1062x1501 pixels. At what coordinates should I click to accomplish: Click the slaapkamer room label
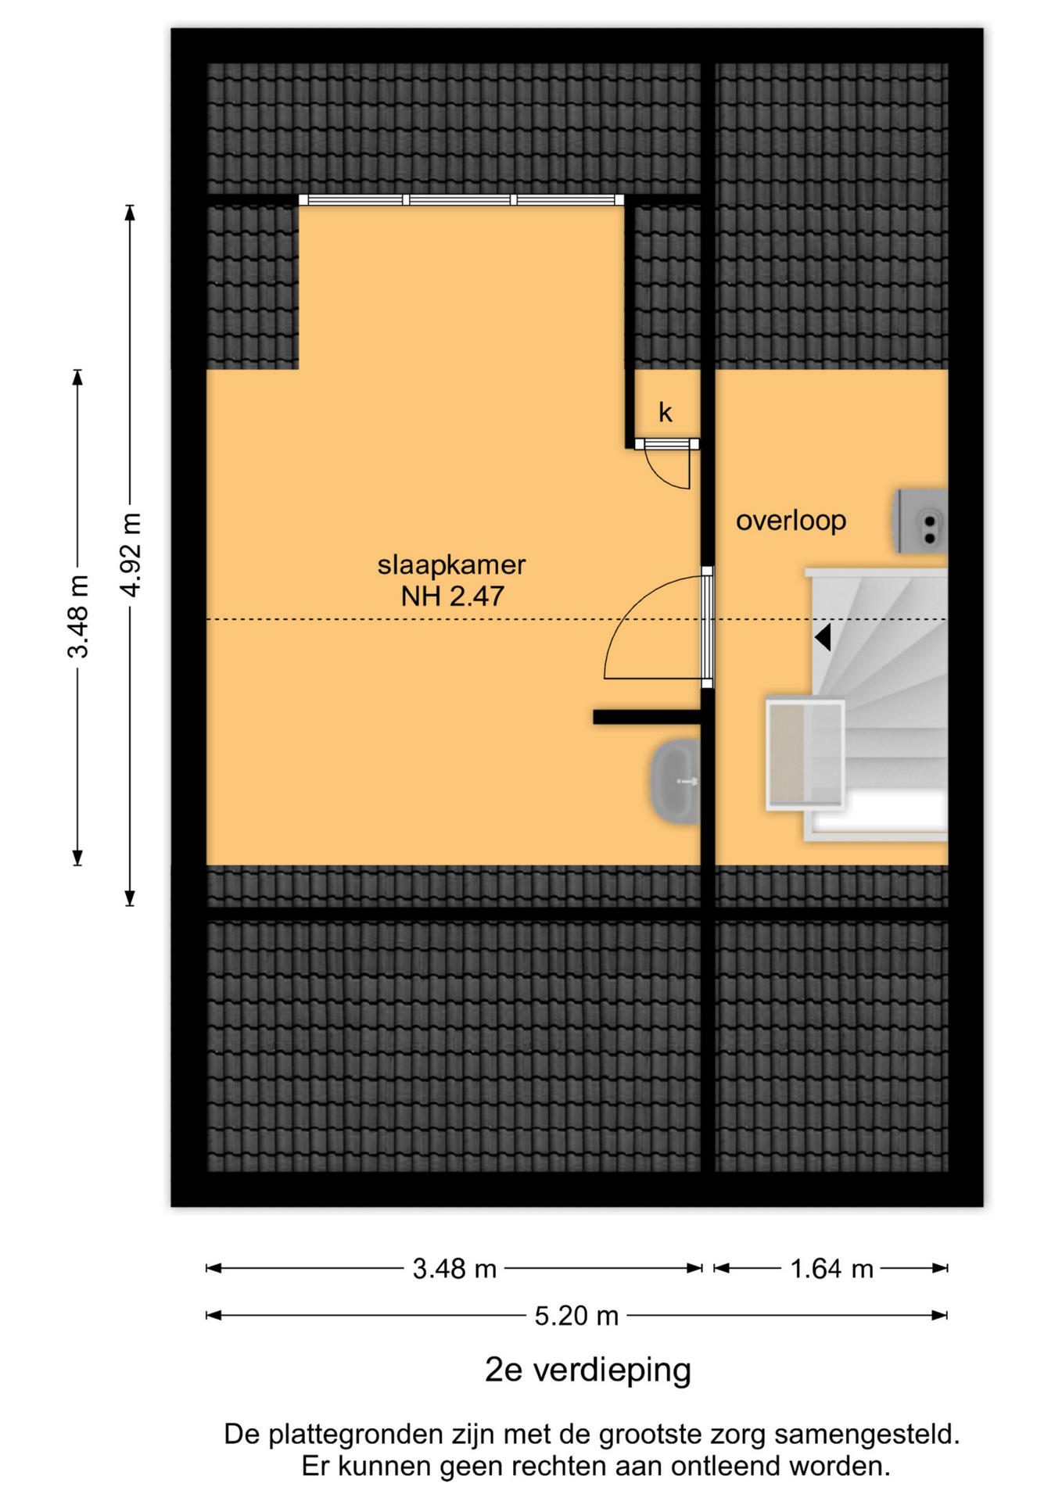(451, 565)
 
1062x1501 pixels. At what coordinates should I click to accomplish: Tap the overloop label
(791, 521)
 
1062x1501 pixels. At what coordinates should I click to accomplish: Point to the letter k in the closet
(665, 412)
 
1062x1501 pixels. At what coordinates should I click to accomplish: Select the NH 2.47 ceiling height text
(452, 596)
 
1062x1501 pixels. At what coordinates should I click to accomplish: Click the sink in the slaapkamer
(675, 782)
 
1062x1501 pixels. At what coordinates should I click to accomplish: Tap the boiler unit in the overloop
(920, 521)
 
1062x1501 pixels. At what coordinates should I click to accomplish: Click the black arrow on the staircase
(822, 637)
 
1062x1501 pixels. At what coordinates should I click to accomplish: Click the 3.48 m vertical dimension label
(78, 617)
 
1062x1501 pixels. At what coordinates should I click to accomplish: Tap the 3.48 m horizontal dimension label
(454, 1268)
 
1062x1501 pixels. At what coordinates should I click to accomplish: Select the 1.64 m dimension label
(831, 1268)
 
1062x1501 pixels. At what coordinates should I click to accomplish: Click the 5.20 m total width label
(576, 1316)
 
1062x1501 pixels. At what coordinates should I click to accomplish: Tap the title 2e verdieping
(588, 1370)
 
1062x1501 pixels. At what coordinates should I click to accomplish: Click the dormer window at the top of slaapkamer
(461, 200)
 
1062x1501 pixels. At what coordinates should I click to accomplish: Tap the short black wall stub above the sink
(646, 718)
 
